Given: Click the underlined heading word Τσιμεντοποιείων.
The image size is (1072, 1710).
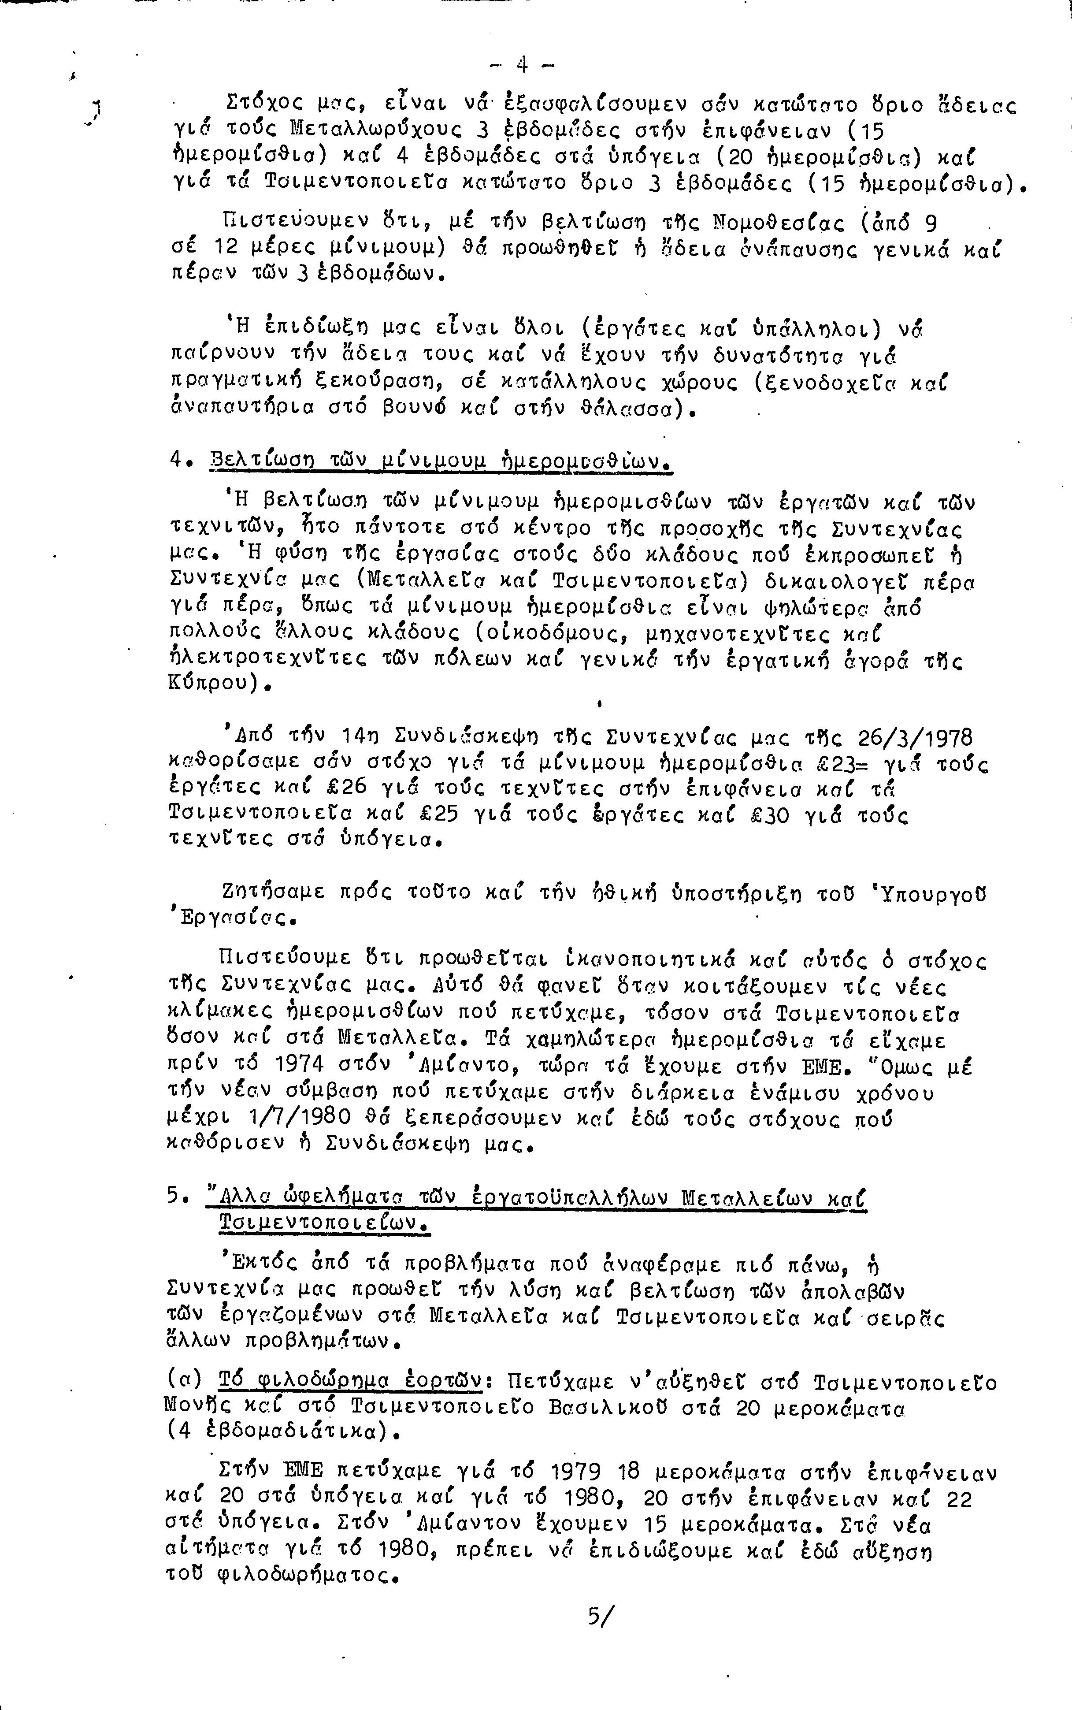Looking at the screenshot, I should coord(323,1223).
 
